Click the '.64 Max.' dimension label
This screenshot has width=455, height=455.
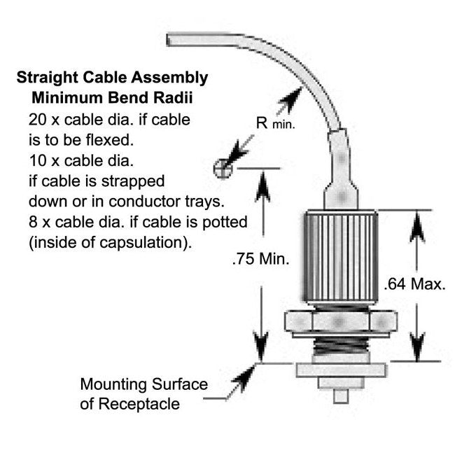(x=415, y=284)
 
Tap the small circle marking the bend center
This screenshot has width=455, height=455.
(x=222, y=168)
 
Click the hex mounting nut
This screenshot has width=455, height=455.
(x=340, y=322)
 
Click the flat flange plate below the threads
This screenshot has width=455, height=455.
(x=340, y=370)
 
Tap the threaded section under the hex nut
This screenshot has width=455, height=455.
(x=340, y=345)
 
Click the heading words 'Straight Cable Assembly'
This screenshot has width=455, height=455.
(x=112, y=77)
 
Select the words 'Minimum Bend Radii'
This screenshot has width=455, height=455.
(x=112, y=95)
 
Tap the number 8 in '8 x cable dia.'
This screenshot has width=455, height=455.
(x=33, y=222)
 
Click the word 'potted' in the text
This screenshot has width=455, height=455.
(x=227, y=223)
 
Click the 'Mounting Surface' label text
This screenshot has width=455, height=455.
(x=143, y=384)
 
